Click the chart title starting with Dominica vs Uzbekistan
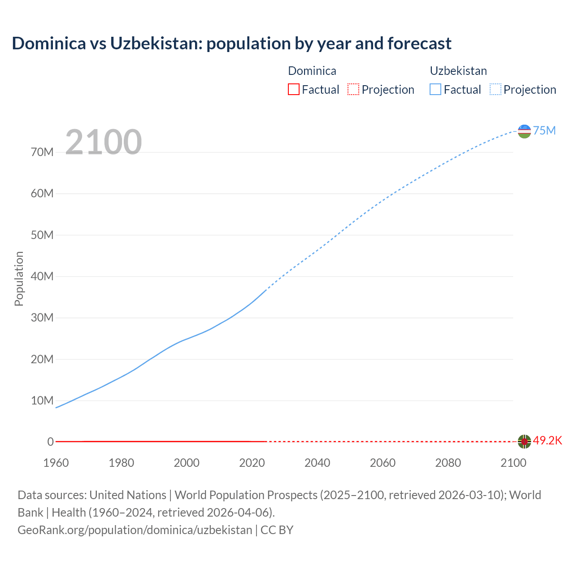click(231, 43)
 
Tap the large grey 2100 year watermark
click(104, 142)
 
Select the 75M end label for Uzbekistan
click(544, 130)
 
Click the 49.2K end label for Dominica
click(547, 440)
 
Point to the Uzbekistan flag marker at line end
click(524, 131)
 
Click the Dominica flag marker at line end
click(524, 441)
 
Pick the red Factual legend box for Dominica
click(293, 89)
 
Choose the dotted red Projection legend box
click(353, 89)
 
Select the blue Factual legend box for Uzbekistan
click(435, 89)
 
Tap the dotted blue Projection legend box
click(495, 89)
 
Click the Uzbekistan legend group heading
click(458, 71)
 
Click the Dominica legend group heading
click(312, 71)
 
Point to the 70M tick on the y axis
click(42, 152)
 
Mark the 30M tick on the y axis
click(42, 317)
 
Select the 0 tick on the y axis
click(50, 442)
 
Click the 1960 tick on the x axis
click(56, 463)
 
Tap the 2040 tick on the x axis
click(317, 463)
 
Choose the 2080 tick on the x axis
click(448, 463)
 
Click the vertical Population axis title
click(19, 278)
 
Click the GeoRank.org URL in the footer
click(135, 530)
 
